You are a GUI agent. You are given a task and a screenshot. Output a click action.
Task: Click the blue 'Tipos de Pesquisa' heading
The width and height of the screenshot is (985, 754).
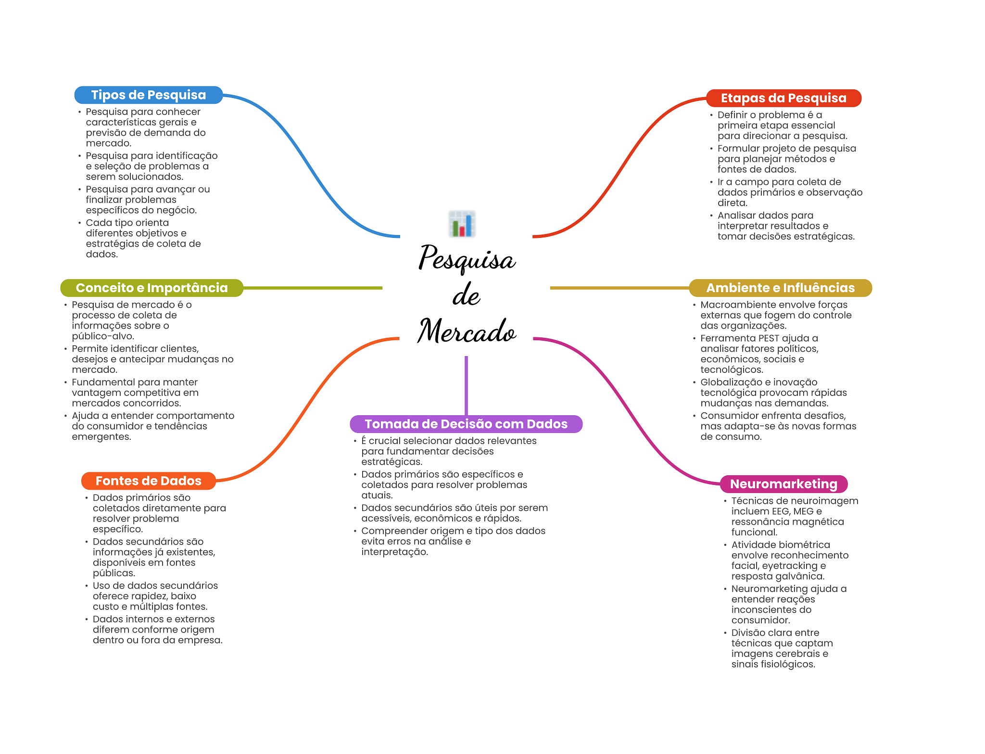tap(149, 95)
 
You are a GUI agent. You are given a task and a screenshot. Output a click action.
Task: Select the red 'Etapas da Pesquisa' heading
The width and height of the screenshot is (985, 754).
tap(783, 98)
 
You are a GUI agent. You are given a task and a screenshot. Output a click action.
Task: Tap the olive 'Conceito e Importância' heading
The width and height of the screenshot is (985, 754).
tap(152, 288)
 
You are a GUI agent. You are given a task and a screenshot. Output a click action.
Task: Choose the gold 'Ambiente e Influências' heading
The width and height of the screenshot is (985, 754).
tap(780, 288)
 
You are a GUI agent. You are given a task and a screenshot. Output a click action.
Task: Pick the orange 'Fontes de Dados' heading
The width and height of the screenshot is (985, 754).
tap(149, 481)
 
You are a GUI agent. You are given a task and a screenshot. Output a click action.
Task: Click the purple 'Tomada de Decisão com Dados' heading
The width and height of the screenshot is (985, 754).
tap(466, 424)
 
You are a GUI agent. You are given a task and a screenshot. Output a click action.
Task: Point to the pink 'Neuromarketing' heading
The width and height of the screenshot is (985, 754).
tap(783, 484)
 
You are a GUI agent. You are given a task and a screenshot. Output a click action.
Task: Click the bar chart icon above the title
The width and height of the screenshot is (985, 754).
tap(462, 224)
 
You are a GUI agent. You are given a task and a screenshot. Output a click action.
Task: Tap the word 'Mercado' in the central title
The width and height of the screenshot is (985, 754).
tap(467, 331)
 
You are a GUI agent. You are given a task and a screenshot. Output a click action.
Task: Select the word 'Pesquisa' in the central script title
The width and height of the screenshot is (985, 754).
tap(467, 259)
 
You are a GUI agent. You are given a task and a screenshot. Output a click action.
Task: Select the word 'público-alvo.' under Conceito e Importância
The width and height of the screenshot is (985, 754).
tap(103, 336)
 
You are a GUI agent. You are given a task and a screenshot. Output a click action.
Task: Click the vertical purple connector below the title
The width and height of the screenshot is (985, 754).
tap(466, 385)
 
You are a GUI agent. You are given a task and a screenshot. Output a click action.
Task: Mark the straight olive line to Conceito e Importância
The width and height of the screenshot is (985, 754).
tap(313, 288)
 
